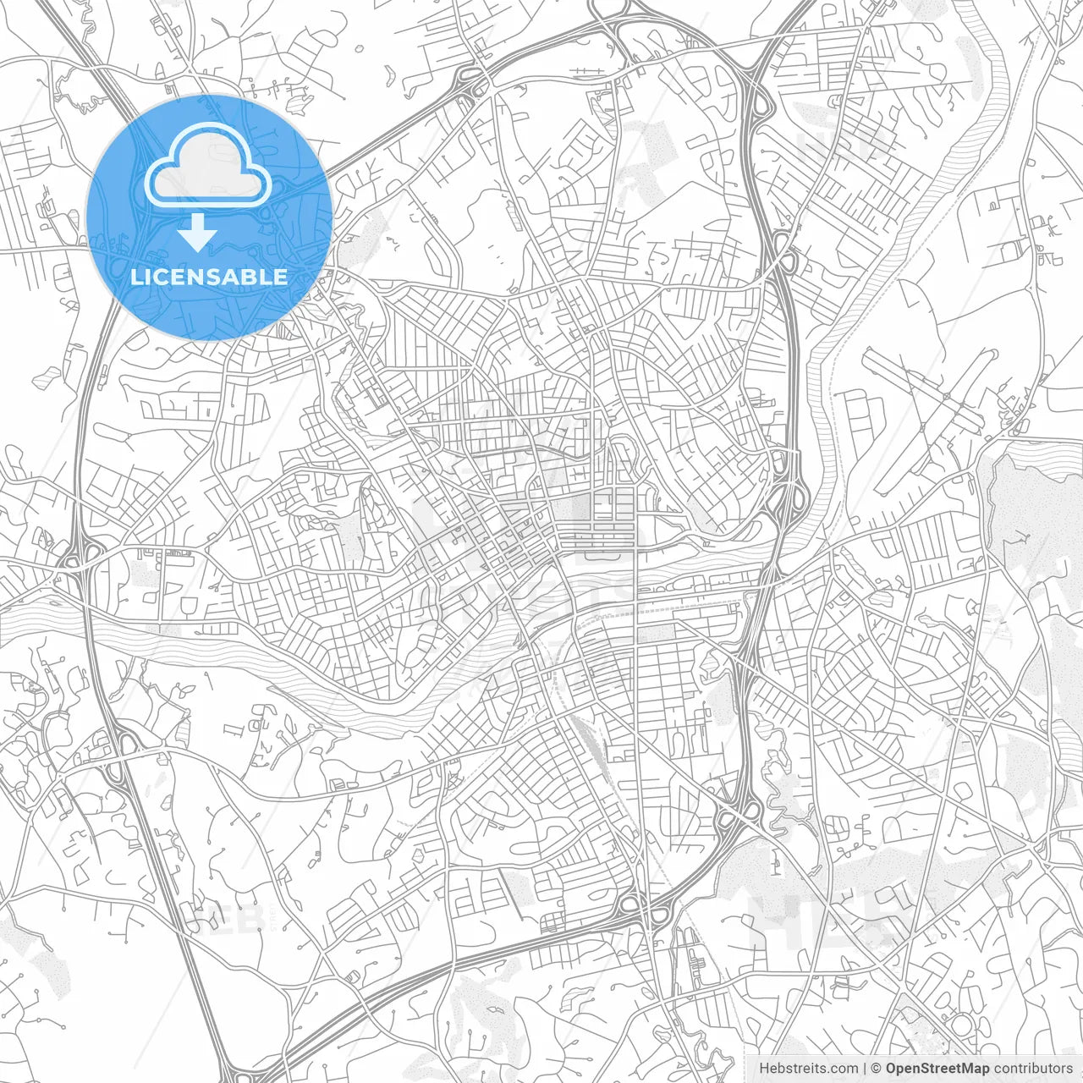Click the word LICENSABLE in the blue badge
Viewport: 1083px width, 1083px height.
click(209, 277)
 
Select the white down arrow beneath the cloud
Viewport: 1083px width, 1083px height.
click(197, 233)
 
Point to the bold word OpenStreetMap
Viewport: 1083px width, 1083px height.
click(937, 1069)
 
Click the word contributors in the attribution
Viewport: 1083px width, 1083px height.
click(1032, 1069)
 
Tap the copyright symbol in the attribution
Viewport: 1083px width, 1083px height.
click(877, 1069)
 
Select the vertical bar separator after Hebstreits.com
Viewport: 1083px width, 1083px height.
click(865, 1069)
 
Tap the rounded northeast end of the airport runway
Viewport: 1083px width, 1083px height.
click(990, 355)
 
